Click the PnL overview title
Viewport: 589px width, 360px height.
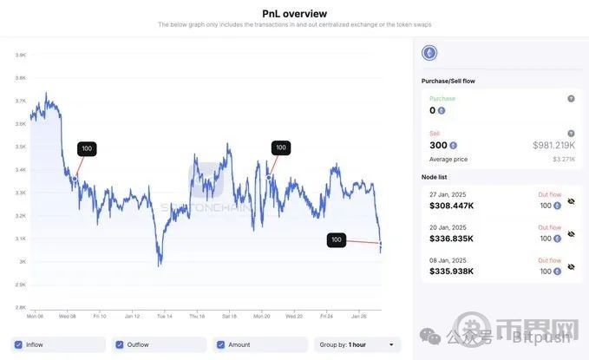click(x=294, y=13)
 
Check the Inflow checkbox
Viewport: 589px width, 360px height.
click(x=18, y=344)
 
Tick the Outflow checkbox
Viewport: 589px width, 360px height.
click(x=119, y=344)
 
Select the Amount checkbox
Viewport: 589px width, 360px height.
click(x=220, y=344)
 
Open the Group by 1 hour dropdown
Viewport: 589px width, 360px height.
click(x=357, y=344)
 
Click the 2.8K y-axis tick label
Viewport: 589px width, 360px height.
click(x=20, y=307)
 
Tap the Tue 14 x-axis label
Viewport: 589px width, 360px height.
click(x=164, y=316)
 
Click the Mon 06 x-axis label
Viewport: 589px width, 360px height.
click(x=36, y=316)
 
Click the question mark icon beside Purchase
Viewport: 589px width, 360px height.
click(x=571, y=99)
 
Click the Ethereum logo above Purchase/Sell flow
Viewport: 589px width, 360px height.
click(x=429, y=54)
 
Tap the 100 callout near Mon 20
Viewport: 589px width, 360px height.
click(x=280, y=147)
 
